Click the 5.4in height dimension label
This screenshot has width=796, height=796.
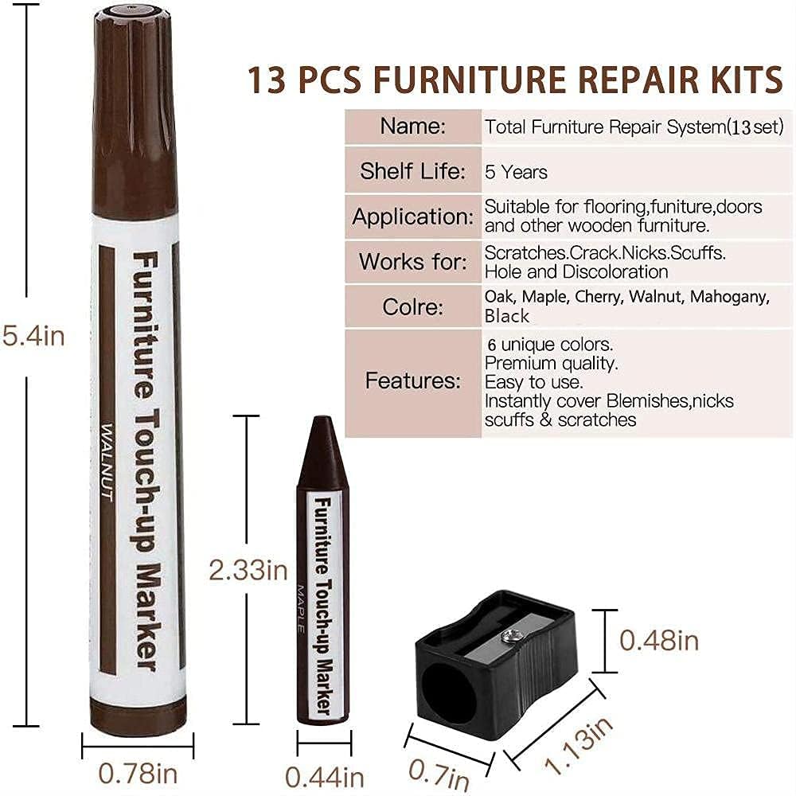click(33, 336)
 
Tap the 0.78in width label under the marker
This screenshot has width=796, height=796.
click(138, 773)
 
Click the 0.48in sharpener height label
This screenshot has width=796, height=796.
click(658, 640)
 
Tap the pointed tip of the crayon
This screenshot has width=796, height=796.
click(322, 422)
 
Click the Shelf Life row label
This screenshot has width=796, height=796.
click(412, 171)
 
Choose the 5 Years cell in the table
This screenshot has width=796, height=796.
click(517, 172)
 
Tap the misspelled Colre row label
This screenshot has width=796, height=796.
click(412, 306)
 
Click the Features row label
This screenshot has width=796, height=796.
click(412, 380)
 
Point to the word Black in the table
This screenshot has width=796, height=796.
click(507, 316)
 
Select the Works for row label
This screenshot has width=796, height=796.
click(412, 261)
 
